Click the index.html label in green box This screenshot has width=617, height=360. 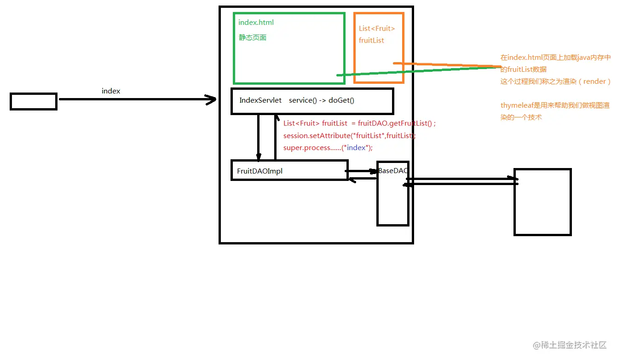(x=256, y=23)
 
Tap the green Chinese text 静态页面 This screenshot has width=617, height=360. (x=252, y=38)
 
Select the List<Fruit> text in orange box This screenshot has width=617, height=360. (x=377, y=29)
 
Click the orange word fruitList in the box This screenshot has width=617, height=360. (x=371, y=41)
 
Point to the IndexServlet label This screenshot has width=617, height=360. (x=260, y=100)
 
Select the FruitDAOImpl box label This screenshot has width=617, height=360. (x=259, y=171)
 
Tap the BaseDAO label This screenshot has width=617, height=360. (x=392, y=171)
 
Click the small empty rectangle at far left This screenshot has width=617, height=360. (x=34, y=101)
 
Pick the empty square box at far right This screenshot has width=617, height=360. (x=542, y=202)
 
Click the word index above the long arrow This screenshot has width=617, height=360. (x=111, y=91)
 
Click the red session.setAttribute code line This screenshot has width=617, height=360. (x=349, y=136)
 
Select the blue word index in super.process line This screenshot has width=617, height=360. (x=356, y=148)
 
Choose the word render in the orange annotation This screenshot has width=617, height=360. (x=594, y=81)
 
